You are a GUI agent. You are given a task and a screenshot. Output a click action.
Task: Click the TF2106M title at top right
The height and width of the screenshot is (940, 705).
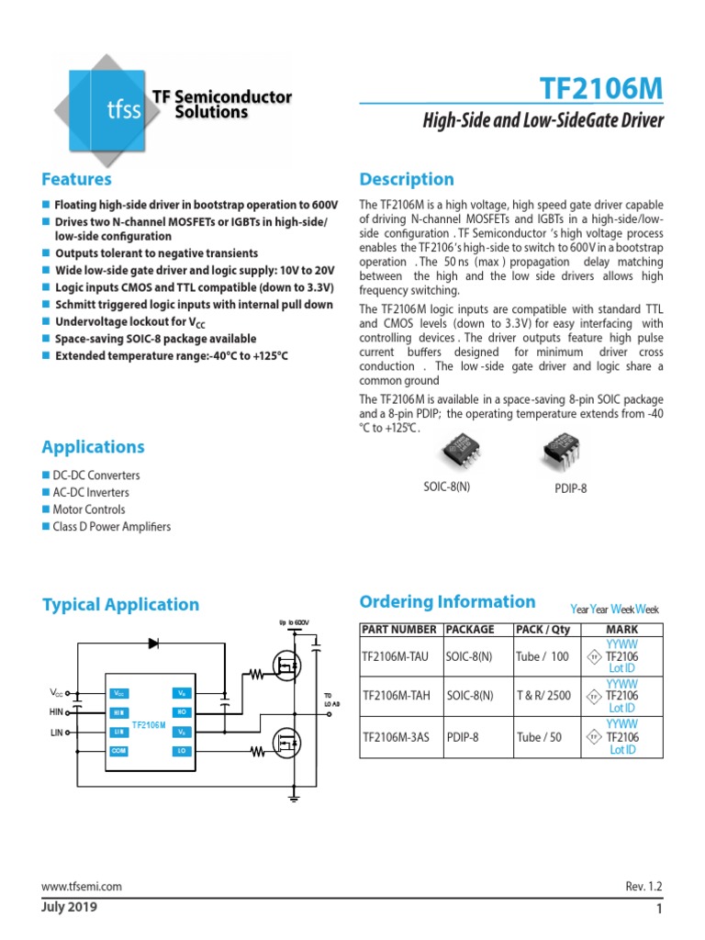pos(603,91)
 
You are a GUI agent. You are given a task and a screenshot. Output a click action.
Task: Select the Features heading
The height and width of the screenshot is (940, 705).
pos(77,179)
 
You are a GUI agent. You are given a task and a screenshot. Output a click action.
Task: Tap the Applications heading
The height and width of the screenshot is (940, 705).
pos(93,447)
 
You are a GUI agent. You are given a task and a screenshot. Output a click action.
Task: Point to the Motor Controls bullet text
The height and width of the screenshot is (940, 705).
pos(88,509)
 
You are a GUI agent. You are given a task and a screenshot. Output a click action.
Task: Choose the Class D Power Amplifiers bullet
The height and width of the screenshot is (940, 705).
pos(112,527)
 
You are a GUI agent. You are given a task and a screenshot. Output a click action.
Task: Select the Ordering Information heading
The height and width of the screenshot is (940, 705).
pos(447,602)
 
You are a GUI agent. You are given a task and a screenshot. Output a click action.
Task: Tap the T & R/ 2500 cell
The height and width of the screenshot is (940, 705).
pos(544,697)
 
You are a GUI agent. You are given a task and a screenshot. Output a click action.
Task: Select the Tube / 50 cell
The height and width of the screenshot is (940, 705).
pos(541,737)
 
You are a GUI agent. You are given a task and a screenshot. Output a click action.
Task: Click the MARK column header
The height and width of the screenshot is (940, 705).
pos(622,630)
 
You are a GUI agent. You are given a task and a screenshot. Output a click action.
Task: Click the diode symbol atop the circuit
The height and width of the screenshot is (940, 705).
pos(153,642)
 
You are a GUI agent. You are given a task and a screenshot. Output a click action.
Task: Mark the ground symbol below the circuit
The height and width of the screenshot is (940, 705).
pos(294,800)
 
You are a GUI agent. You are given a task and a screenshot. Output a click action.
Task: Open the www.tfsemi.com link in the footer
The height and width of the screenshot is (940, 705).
pos(82,887)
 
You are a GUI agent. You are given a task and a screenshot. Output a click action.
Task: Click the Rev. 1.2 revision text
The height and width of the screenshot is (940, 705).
pos(643,887)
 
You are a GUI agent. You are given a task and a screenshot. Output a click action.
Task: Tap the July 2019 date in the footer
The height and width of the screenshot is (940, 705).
pos(69,908)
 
